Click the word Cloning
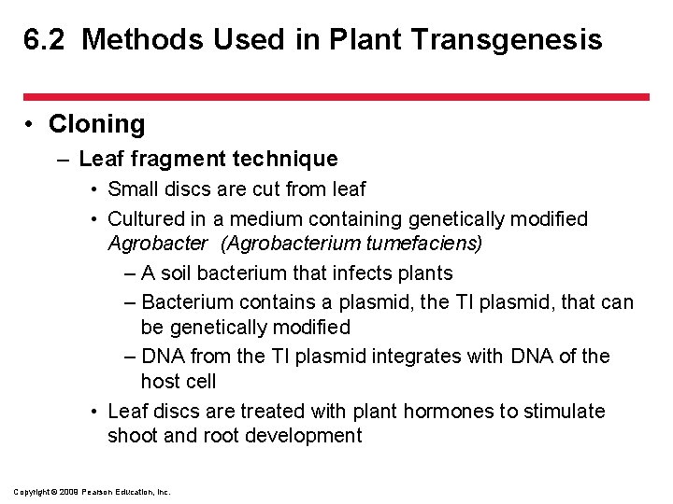click(x=96, y=124)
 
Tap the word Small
click(x=132, y=189)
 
